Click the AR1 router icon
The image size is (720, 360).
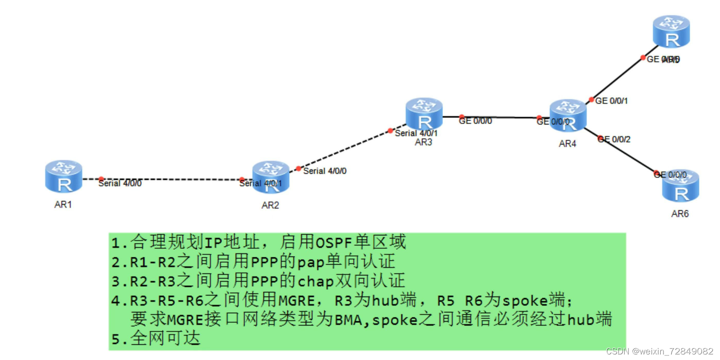pyautogui.click(x=63, y=176)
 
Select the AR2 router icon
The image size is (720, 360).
pyautogui.click(x=271, y=177)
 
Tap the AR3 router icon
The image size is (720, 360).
pyautogui.click(x=424, y=114)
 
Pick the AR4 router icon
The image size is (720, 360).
pyautogui.click(x=568, y=115)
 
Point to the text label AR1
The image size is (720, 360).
pyautogui.click(x=63, y=205)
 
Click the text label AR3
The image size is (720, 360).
pyautogui.click(x=423, y=142)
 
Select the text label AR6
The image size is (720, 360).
pyautogui.click(x=680, y=214)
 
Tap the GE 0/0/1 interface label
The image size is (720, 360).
pyautogui.click(x=611, y=100)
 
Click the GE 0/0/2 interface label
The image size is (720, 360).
pyautogui.click(x=614, y=139)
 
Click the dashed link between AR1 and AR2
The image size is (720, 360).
pyautogui.click(x=171, y=179)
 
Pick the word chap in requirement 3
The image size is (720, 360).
pyautogui.click(x=317, y=280)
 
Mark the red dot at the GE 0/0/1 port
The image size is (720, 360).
pyautogui.click(x=591, y=100)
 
